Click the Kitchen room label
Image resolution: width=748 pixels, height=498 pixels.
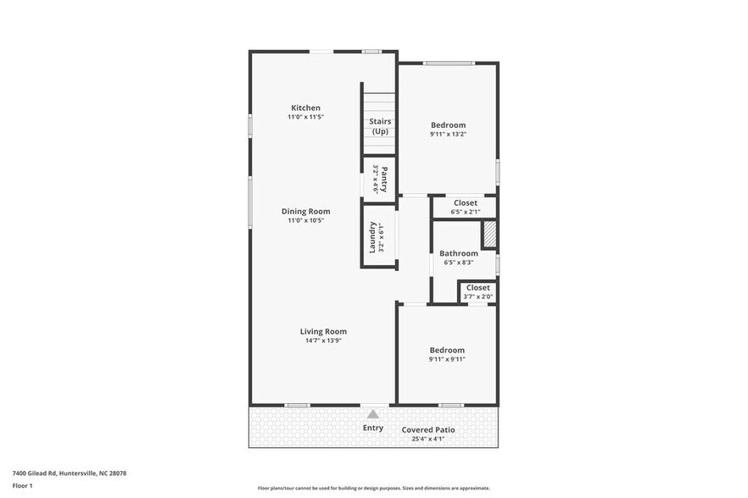pyautogui.click(x=305, y=108)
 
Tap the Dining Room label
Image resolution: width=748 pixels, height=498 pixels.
pyautogui.click(x=305, y=212)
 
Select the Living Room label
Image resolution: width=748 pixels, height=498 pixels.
pyautogui.click(x=323, y=332)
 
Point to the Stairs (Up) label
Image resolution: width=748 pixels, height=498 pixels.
pyautogui.click(x=380, y=126)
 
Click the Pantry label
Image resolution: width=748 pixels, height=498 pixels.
pyautogui.click(x=384, y=179)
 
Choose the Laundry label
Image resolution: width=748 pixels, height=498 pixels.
pyautogui.click(x=372, y=237)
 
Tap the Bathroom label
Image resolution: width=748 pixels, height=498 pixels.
pyautogui.click(x=458, y=253)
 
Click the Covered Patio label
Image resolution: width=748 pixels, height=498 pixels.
pyautogui.click(x=428, y=430)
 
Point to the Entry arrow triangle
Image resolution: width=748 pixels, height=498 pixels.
pyautogui.click(x=373, y=414)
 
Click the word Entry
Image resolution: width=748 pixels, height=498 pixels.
pyautogui.click(x=373, y=428)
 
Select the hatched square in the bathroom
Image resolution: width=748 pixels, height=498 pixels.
pyautogui.click(x=489, y=235)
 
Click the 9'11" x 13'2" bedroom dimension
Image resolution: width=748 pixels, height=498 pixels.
pyautogui.click(x=448, y=134)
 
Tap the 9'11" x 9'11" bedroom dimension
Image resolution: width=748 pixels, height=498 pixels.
pyautogui.click(x=447, y=359)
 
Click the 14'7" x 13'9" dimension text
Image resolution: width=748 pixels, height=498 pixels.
pyautogui.click(x=323, y=340)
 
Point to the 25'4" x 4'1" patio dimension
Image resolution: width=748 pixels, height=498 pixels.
pyautogui.click(x=428, y=438)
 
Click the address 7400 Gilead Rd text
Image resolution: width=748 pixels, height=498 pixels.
pyautogui.click(x=70, y=473)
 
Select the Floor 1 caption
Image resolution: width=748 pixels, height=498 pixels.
pyautogui.click(x=22, y=485)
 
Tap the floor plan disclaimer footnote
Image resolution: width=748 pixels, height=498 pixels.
pyautogui.click(x=373, y=488)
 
